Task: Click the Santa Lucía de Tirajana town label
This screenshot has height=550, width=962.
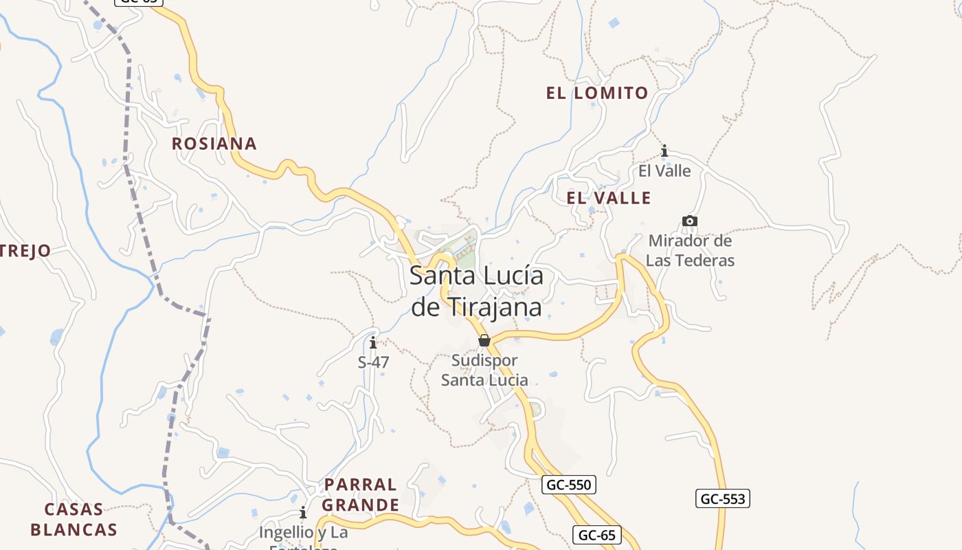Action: tap(476, 291)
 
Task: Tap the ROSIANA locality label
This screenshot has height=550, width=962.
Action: tap(214, 144)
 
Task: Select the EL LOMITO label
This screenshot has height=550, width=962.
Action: tap(597, 93)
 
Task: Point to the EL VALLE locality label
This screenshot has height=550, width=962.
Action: tap(608, 198)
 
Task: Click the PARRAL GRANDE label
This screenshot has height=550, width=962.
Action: tap(360, 495)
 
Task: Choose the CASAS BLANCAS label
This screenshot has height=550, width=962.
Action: tap(74, 520)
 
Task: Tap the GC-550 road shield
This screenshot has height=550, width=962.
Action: tap(568, 485)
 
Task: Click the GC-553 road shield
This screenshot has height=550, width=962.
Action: tap(722, 498)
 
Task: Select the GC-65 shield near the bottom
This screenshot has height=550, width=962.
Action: tap(596, 535)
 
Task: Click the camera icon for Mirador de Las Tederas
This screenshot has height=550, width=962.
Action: tap(690, 221)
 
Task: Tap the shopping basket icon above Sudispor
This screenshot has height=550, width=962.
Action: tap(484, 340)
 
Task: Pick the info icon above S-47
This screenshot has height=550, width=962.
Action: tap(373, 342)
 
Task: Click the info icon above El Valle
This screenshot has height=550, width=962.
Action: tap(664, 151)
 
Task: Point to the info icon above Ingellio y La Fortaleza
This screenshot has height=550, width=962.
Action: tap(303, 513)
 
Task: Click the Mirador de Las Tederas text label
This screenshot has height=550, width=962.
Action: tap(690, 251)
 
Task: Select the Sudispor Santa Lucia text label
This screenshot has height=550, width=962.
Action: tap(484, 370)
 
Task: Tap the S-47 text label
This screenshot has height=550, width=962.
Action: tap(374, 362)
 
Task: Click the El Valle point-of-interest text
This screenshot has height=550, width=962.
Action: tap(664, 170)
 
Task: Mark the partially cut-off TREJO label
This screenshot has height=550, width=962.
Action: tap(25, 251)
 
